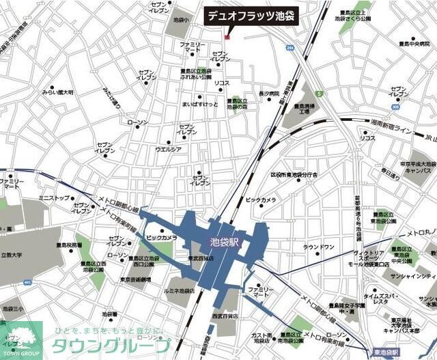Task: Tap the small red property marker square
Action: tap(227, 36)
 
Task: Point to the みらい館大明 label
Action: tap(57, 92)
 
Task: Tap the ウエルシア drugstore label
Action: tap(168, 148)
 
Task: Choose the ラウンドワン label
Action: tap(318, 247)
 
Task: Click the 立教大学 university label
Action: tap(12, 255)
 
